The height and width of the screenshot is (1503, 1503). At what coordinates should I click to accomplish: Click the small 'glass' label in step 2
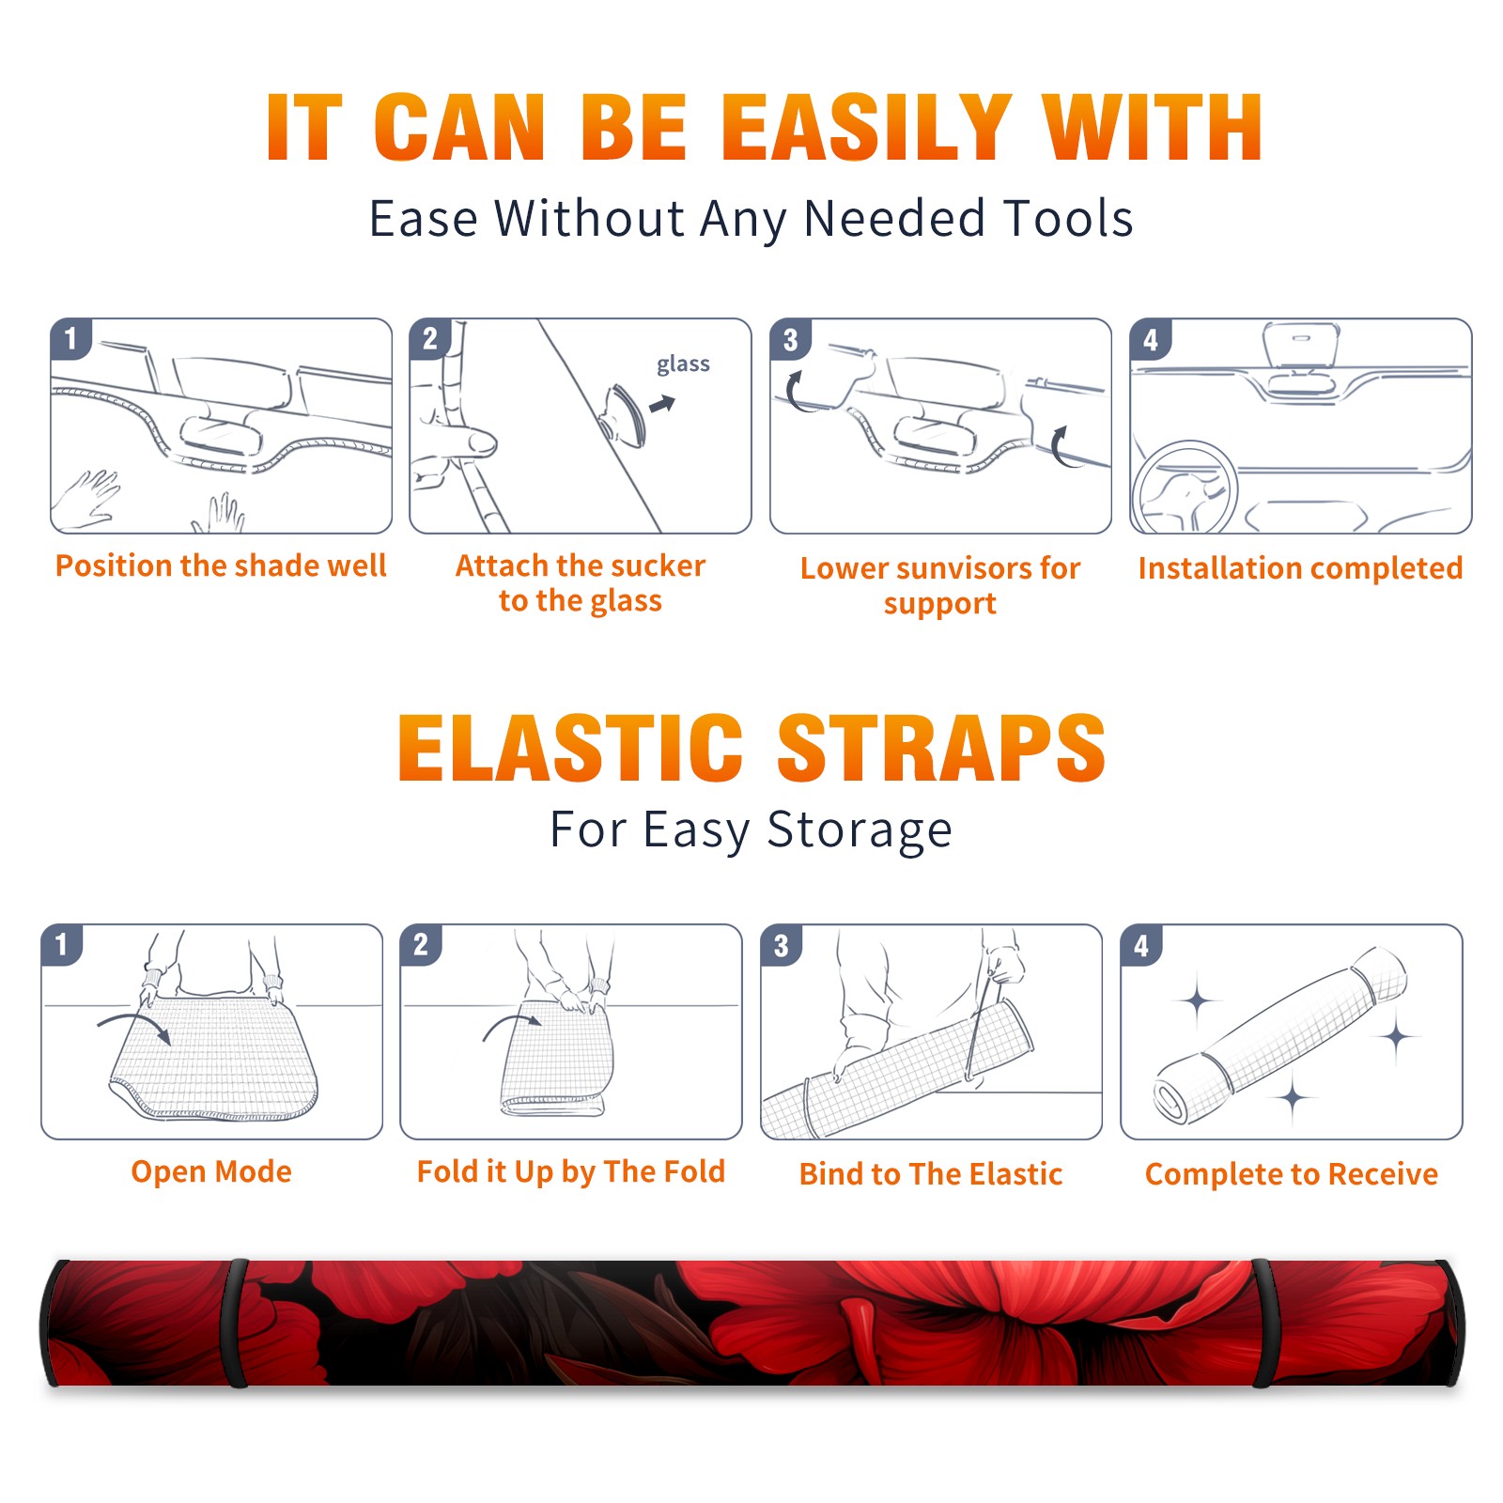point(683,364)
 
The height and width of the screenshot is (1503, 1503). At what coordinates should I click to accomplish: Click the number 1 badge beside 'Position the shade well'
point(70,337)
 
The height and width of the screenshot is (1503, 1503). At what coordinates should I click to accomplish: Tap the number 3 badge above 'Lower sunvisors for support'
point(790,339)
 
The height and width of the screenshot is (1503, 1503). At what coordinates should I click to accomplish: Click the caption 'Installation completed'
point(1300,568)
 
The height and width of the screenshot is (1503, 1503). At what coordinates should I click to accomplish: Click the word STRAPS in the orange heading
point(941,749)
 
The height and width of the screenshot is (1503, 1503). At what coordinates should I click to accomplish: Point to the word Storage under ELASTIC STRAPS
point(860,831)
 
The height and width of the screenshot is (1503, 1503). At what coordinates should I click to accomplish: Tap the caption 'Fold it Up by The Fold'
point(571,1172)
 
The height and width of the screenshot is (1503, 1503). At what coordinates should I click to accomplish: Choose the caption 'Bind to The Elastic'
point(931,1174)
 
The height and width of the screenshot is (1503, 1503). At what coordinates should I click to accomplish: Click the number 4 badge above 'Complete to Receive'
point(1140,945)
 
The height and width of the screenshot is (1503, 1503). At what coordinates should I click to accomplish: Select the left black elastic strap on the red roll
point(238,1324)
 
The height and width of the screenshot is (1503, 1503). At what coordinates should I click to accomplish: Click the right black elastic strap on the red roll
point(1262,1324)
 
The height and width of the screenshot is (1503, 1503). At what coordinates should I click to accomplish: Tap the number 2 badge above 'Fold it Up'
point(420,945)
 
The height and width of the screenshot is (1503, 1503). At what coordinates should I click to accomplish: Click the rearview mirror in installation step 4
point(1300,346)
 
